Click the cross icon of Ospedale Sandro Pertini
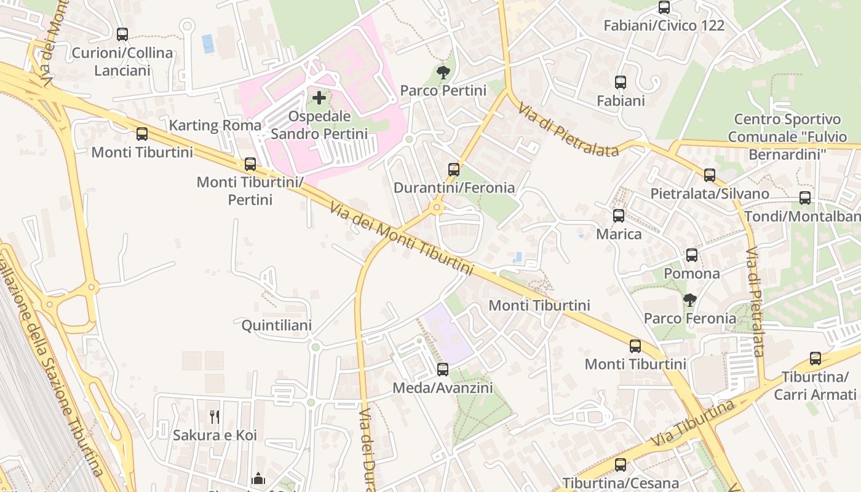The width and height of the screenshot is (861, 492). [319, 97]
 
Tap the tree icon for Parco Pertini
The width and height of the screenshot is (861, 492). [443, 73]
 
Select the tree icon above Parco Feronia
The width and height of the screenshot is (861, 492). [690, 300]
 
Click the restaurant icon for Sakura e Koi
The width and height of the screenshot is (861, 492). [215, 416]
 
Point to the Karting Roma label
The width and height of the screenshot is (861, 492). [215, 125]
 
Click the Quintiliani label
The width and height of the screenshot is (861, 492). [276, 325]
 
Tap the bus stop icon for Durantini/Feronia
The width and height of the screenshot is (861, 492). [454, 169]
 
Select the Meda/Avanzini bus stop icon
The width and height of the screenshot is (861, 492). [443, 370]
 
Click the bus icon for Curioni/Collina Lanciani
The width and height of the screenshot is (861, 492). [122, 34]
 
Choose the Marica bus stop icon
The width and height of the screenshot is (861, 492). [619, 216]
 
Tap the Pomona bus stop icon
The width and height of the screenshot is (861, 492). [692, 255]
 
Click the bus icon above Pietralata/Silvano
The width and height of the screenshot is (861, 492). [710, 175]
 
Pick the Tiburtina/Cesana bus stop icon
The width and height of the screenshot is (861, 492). [621, 465]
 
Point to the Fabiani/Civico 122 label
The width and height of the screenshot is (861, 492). [664, 26]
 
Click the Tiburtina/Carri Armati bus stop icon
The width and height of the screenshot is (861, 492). [815, 359]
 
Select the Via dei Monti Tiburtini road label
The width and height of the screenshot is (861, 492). [402, 239]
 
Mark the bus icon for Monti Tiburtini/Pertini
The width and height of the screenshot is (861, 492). [250, 164]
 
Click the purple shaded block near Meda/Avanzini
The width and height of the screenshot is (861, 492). [448, 332]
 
